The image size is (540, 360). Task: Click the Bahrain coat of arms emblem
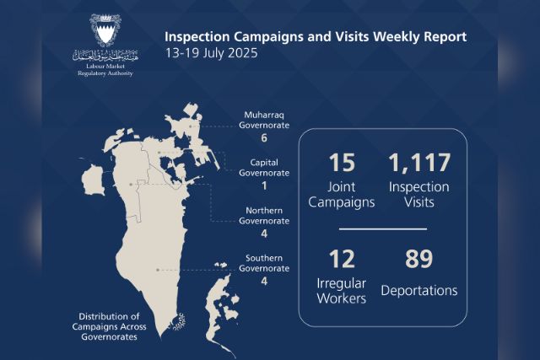(105, 30)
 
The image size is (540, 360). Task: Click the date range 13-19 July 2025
(212, 53)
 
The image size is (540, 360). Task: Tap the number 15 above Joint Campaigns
(342, 163)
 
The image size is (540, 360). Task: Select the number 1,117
(419, 163)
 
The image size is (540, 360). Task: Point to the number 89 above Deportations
(418, 259)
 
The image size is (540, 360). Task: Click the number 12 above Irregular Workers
(342, 259)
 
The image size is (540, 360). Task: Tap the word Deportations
(419, 291)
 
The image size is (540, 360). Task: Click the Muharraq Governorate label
(264, 120)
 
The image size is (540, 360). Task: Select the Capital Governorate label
(264, 168)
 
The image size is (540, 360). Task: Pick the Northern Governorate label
(264, 216)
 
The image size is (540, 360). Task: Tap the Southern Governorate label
(264, 263)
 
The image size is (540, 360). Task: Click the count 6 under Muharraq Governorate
(264, 138)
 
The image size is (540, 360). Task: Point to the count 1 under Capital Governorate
(264, 185)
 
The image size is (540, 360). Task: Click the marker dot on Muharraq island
(190, 126)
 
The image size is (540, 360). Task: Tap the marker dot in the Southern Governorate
(158, 270)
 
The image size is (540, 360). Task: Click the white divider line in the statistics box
(383, 228)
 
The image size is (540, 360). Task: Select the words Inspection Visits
(419, 195)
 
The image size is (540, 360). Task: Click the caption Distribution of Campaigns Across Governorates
(109, 326)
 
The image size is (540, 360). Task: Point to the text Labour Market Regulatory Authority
(105, 69)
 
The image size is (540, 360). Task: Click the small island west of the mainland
(94, 180)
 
